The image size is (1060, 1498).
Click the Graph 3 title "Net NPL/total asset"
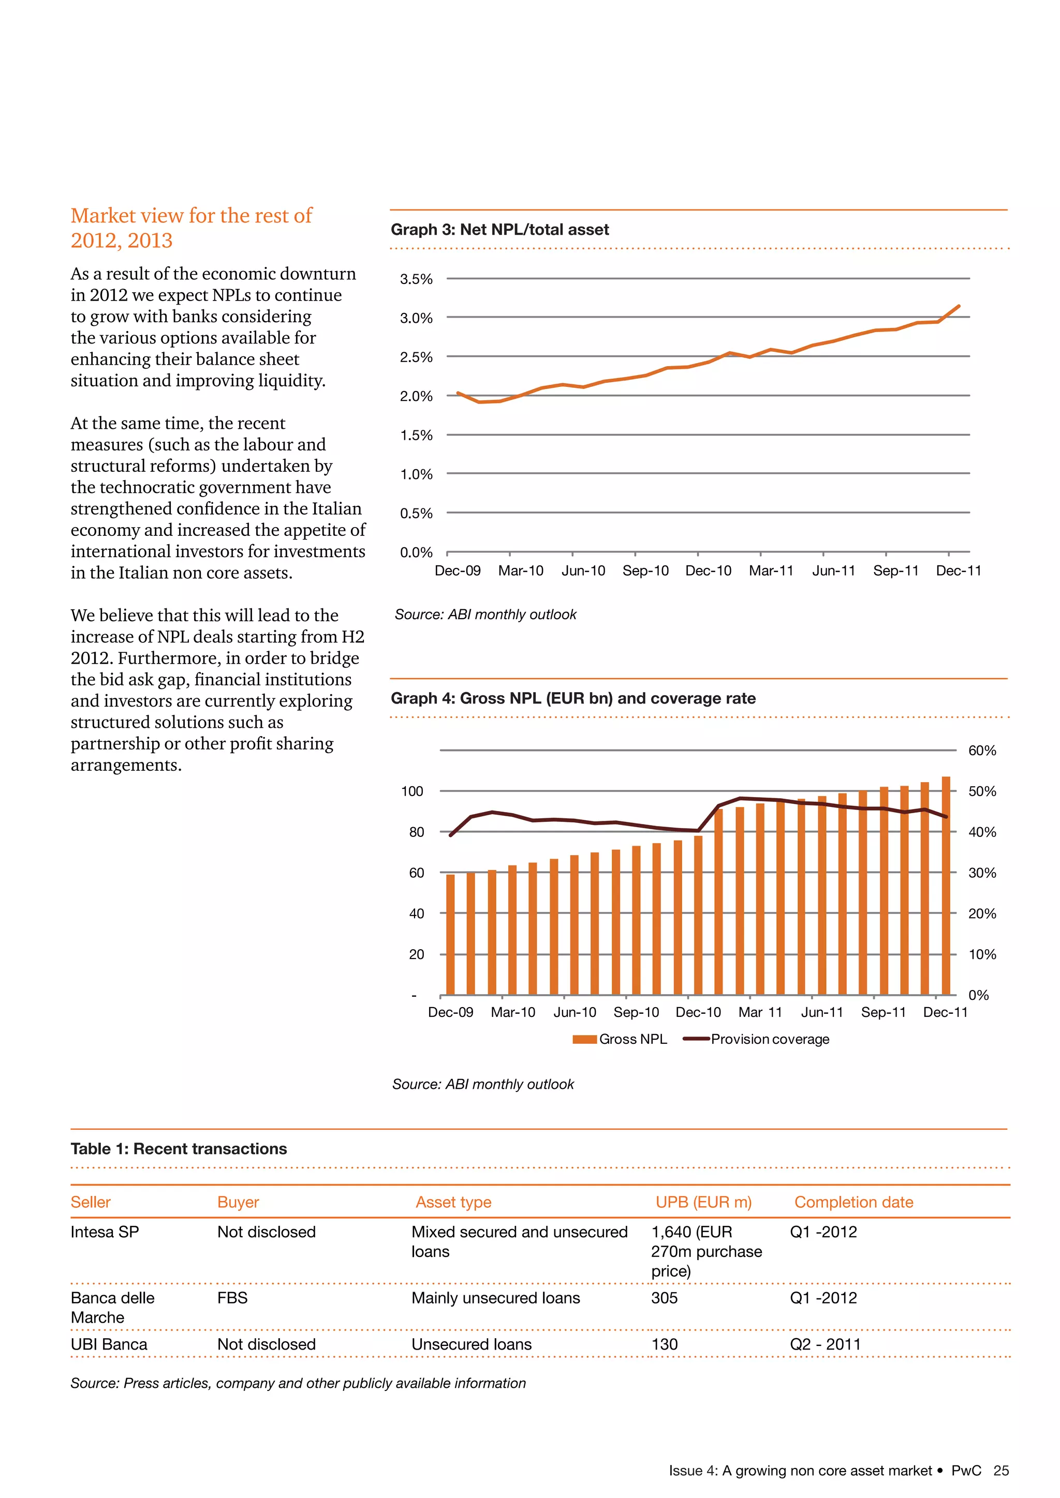(x=500, y=230)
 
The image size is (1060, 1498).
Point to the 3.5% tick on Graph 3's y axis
(x=416, y=279)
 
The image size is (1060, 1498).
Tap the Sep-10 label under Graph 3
(x=645, y=571)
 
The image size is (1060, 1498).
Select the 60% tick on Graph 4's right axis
(x=982, y=751)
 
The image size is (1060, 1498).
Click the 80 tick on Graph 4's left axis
(x=417, y=832)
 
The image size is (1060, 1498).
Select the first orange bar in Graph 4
(x=450, y=935)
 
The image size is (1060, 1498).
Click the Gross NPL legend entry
(x=620, y=1039)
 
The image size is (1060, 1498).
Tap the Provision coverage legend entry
(x=757, y=1039)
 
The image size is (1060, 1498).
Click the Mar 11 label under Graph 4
(x=760, y=1013)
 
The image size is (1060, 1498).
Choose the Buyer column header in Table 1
(x=238, y=1203)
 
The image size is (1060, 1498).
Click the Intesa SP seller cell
(x=105, y=1233)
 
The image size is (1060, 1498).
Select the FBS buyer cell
(x=232, y=1298)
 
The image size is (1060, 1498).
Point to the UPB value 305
(x=664, y=1298)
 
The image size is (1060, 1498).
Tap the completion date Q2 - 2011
(x=825, y=1345)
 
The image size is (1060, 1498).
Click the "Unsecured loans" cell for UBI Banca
(x=472, y=1345)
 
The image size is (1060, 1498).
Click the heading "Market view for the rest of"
(x=191, y=216)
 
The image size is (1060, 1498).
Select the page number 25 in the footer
(x=1000, y=1471)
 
